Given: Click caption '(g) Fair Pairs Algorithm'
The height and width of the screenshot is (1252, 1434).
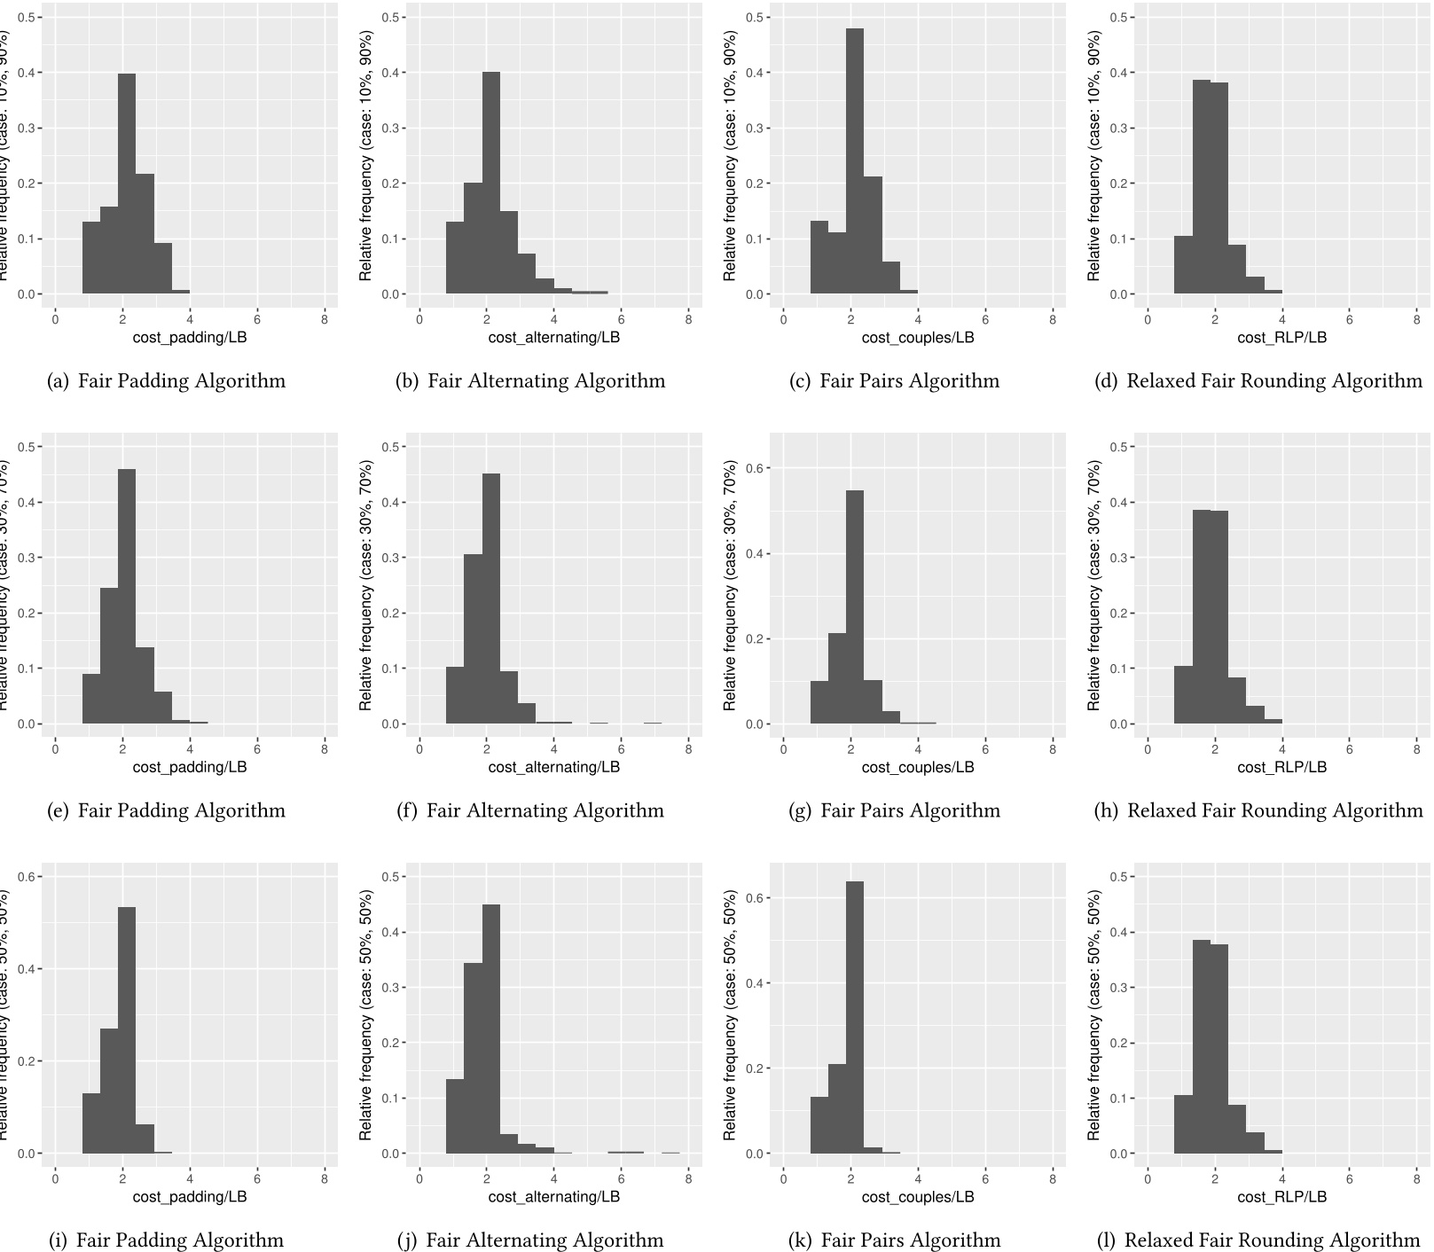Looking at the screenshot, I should [894, 810].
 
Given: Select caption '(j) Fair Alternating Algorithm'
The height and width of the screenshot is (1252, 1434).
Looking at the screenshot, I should [530, 1240].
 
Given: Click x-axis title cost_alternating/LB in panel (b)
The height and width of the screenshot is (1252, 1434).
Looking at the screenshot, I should [553, 338].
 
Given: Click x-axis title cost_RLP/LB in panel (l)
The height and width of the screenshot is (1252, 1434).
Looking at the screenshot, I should [1281, 1197].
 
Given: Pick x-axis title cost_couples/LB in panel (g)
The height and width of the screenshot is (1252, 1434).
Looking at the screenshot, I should [918, 767].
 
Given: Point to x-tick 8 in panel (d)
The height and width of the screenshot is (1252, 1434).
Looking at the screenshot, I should [1416, 319].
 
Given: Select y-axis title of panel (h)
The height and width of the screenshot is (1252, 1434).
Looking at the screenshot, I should [1094, 585].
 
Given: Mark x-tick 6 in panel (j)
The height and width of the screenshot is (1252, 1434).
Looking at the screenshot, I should [621, 1178].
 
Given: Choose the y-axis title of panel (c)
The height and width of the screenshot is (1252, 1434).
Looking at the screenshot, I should [730, 156].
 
